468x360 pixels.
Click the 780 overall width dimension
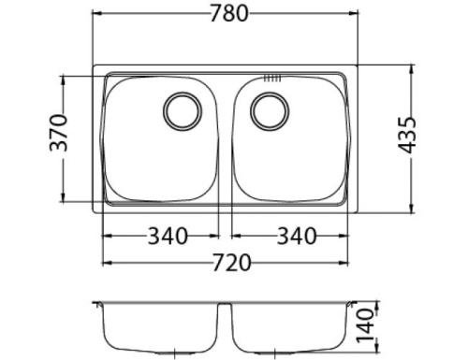pyautogui.click(x=226, y=16)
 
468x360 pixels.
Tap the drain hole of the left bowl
pyautogui.click(x=180, y=110)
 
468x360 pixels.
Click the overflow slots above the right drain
pyautogui.click(x=271, y=78)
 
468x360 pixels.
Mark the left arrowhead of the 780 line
pyautogui.click(x=96, y=16)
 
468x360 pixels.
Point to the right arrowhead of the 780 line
pyautogui.click(x=356, y=16)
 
